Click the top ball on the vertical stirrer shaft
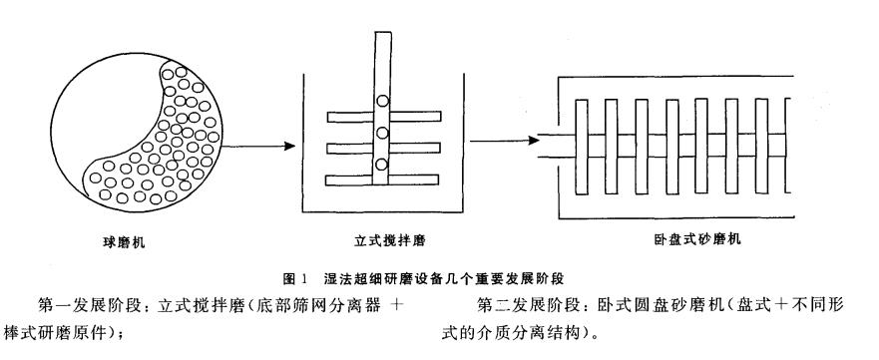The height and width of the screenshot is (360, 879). [x=382, y=100]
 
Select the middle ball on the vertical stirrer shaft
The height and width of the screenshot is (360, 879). [x=382, y=133]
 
